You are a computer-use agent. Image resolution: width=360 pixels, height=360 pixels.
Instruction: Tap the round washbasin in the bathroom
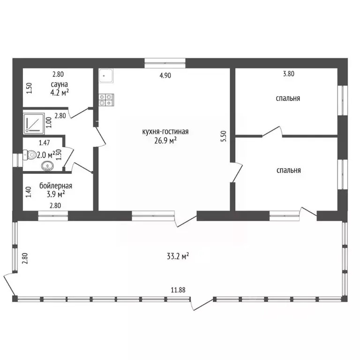(x=47, y=165)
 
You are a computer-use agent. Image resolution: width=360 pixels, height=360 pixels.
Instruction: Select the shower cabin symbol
(x=34, y=123)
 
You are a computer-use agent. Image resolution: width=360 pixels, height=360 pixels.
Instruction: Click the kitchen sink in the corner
(x=106, y=75)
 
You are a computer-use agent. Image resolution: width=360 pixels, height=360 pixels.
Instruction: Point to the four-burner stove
(x=106, y=100)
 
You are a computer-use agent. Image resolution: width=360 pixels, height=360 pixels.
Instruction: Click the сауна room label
(x=59, y=84)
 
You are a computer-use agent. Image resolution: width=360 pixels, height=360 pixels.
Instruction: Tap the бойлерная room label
(x=56, y=186)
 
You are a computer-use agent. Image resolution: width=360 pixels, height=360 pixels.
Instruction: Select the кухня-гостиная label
(x=165, y=132)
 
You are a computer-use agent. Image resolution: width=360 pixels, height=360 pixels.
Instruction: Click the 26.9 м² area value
(x=165, y=140)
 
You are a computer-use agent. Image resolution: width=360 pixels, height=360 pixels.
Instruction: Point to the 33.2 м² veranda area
(x=178, y=256)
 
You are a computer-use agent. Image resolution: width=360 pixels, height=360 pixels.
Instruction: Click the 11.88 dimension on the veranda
(x=178, y=290)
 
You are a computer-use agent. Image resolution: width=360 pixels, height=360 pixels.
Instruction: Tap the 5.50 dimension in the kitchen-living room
(x=224, y=136)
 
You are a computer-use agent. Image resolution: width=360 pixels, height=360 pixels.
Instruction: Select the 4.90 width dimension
(x=165, y=75)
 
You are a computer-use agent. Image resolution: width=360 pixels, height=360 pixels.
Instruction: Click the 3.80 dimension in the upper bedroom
(x=289, y=74)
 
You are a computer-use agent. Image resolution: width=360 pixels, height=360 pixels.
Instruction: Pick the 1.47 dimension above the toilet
(x=45, y=143)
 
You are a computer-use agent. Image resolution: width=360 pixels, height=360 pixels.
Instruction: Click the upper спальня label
(x=288, y=98)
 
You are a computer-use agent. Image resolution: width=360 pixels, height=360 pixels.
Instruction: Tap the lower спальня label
(x=289, y=170)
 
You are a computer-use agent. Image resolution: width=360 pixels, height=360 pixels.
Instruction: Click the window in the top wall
(x=165, y=63)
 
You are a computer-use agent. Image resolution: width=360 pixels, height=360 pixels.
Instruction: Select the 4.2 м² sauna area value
(x=60, y=92)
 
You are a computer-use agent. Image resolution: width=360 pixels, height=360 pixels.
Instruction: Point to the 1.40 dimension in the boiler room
(x=29, y=192)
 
